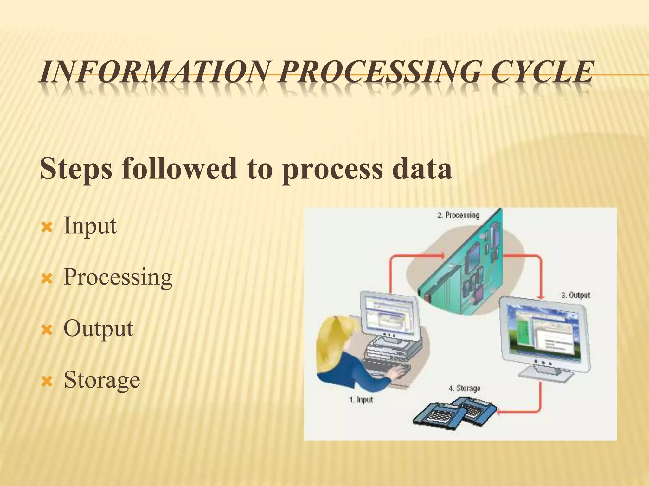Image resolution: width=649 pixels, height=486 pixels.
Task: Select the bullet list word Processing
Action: click(118, 277)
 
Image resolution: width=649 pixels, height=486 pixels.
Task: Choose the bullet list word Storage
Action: click(102, 380)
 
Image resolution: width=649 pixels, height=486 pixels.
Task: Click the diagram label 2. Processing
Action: click(458, 215)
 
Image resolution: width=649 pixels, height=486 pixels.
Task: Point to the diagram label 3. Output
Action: click(576, 295)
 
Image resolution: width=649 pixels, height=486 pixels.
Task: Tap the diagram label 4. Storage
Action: click(465, 388)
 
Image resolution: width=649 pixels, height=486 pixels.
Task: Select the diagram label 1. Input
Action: click(361, 400)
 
